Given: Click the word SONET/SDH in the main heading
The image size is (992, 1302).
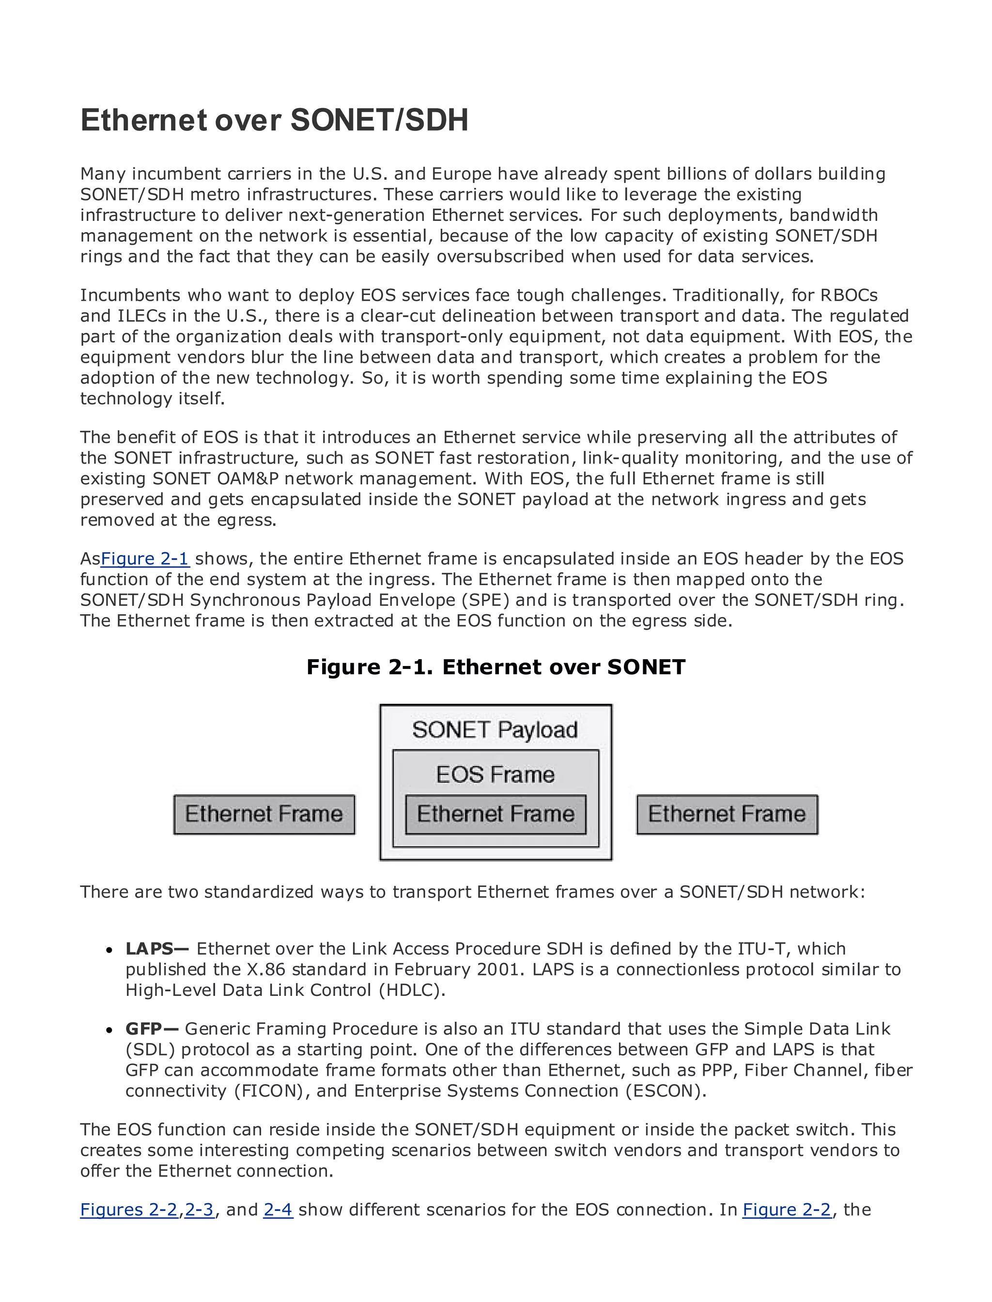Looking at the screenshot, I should coord(379,121).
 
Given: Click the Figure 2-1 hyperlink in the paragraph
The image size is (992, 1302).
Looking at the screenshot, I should coord(145,558).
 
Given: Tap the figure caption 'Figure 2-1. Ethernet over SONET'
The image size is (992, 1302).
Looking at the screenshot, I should coord(496,667).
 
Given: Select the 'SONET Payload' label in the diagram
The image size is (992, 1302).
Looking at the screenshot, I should coord(495,730).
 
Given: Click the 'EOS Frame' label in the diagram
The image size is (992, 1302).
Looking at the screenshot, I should coord(495,775).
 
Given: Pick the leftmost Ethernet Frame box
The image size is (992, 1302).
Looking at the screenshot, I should coord(264,814).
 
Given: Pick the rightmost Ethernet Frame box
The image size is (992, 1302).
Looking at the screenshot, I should coord(727,814).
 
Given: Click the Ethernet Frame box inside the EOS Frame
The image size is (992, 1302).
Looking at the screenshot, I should coord(496,814).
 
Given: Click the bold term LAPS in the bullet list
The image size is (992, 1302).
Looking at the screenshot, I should coord(149,949).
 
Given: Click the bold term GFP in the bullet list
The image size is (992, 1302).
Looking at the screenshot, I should coord(143,1029).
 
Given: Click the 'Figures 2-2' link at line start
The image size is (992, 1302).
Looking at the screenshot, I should coord(129,1210).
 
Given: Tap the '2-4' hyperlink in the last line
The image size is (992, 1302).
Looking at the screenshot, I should coord(278,1210).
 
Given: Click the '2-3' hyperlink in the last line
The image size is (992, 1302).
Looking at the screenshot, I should coord(199,1210).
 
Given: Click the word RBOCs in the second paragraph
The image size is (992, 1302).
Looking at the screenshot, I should coord(849,295).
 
